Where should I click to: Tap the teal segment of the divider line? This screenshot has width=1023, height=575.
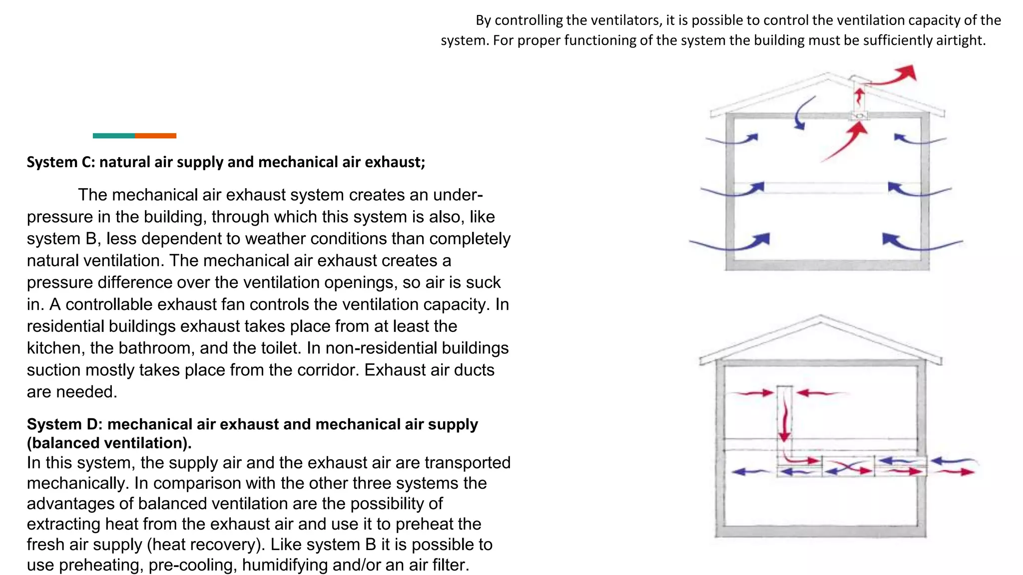tap(113, 136)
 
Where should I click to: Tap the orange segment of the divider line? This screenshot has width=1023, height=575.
tap(155, 136)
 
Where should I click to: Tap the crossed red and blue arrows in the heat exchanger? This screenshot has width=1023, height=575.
tap(848, 468)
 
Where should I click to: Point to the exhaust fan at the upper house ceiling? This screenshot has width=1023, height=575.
tap(859, 116)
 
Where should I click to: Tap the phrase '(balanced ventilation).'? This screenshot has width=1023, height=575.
tap(109, 443)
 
